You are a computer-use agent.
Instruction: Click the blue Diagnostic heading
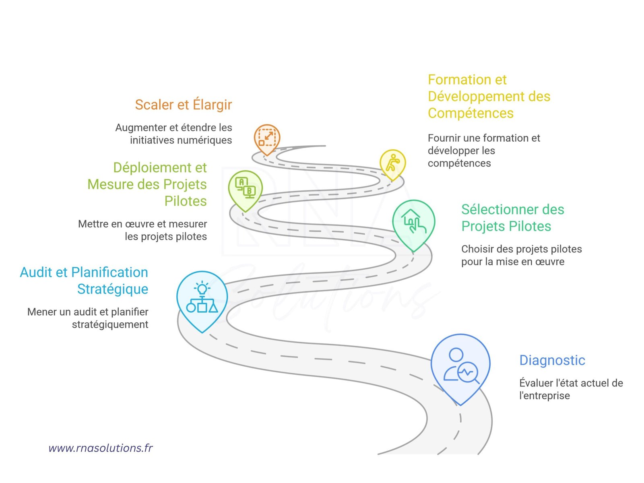tap(552, 360)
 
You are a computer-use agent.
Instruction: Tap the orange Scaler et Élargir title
tap(184, 105)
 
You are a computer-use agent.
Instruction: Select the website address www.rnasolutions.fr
tap(100, 448)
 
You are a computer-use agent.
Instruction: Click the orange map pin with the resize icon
tap(267, 140)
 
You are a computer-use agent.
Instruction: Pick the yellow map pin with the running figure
tap(392, 165)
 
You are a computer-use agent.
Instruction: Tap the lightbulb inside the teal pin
tap(202, 288)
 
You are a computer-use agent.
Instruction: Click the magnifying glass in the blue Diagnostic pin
tap(469, 374)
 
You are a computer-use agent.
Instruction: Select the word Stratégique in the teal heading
tap(113, 289)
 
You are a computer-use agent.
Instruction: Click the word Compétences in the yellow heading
tap(471, 114)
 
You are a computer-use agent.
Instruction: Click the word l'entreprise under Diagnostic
tap(544, 396)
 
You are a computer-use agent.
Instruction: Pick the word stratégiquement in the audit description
tap(110, 325)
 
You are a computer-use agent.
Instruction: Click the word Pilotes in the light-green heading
tap(186, 201)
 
